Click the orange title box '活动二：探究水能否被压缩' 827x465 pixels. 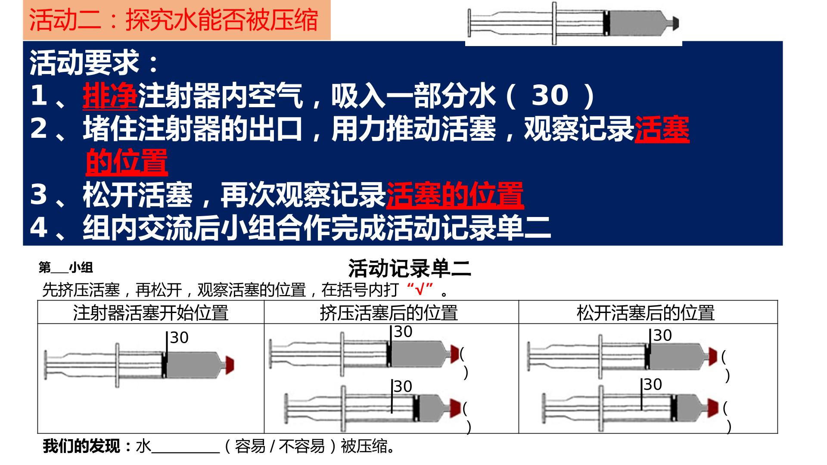click(177, 20)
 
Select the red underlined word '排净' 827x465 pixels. click(110, 96)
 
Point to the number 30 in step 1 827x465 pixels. click(550, 96)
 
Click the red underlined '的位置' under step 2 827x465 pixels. click(127, 162)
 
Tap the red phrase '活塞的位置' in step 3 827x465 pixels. click(455, 195)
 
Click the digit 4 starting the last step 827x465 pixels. click(38, 227)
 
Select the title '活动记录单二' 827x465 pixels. click(410, 269)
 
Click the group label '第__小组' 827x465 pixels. click(65, 268)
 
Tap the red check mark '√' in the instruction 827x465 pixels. click(420, 290)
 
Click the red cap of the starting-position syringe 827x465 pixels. click(230, 365)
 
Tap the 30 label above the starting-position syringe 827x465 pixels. click(179, 338)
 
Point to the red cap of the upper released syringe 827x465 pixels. click(713, 357)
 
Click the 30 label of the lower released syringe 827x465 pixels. click(653, 384)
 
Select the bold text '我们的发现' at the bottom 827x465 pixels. click(81, 446)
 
